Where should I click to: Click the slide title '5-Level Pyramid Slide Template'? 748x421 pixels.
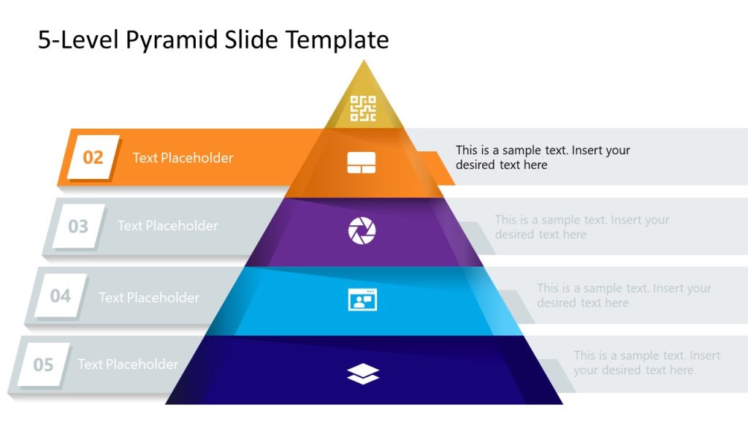click(x=213, y=40)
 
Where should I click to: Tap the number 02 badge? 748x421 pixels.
click(x=93, y=157)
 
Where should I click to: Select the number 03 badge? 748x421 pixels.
click(x=77, y=227)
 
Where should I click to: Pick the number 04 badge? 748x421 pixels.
click(x=60, y=296)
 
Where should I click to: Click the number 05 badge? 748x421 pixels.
click(x=43, y=364)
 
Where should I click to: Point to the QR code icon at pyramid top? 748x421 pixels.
click(x=363, y=108)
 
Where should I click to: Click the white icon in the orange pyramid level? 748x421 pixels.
click(x=362, y=163)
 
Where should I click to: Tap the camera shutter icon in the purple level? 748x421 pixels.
click(x=362, y=231)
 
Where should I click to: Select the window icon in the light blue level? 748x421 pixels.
click(x=362, y=300)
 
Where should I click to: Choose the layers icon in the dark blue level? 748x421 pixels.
click(x=363, y=374)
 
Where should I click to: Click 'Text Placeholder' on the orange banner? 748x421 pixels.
click(x=183, y=158)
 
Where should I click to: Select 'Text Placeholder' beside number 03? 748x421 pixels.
click(x=167, y=226)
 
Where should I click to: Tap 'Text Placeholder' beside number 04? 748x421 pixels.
click(x=149, y=297)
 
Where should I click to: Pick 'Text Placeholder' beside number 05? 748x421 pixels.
click(x=128, y=364)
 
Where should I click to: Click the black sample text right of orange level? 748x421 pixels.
click(x=543, y=157)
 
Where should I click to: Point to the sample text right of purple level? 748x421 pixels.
click(x=581, y=227)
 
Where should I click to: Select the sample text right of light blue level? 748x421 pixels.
click(x=624, y=295)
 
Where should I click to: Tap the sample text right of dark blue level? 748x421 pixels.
click(x=646, y=363)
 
